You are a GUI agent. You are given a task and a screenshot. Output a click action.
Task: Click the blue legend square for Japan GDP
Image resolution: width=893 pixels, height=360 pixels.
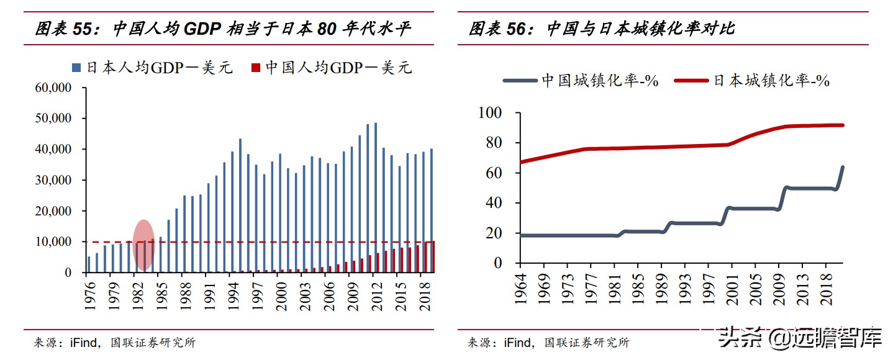76,67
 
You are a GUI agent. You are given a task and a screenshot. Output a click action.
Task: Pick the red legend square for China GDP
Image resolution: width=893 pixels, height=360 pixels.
255,67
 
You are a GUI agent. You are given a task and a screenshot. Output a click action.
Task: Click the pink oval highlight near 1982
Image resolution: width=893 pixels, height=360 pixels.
143,245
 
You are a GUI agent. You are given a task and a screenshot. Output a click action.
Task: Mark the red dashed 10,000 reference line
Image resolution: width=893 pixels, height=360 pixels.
279,241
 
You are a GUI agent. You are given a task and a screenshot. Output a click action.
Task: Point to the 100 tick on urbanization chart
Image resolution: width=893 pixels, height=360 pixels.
491,113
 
